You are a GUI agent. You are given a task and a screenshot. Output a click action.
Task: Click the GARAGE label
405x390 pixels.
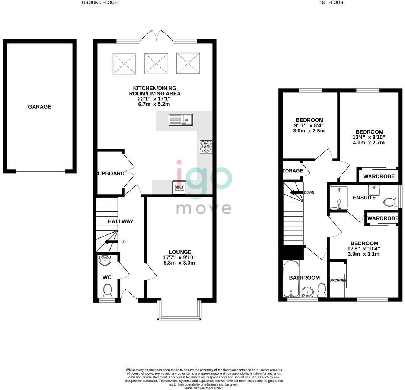pos(39,107)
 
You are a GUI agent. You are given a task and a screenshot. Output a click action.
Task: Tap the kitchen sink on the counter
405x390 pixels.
pos(181,120)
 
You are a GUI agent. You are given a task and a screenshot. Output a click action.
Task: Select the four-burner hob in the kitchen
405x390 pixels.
pos(206,147)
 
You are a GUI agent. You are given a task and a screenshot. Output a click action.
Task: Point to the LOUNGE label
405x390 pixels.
pos(179,252)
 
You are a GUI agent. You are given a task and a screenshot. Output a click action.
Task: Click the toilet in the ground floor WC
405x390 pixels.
pos(108,290)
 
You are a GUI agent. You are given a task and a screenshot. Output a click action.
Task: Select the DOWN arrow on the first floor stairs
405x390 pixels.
pos(296,192)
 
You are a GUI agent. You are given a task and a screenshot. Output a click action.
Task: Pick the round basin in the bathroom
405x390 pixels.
pos(307,291)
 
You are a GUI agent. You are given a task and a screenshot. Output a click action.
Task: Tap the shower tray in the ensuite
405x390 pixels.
pos(339,198)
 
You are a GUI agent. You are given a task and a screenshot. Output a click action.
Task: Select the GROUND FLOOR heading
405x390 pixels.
pos(99,3)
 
